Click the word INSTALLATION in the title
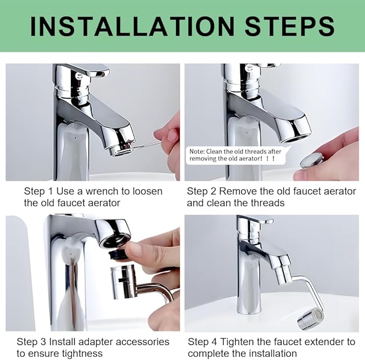pyautogui.click(x=132, y=26)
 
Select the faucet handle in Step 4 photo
pyautogui.click(x=257, y=219)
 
